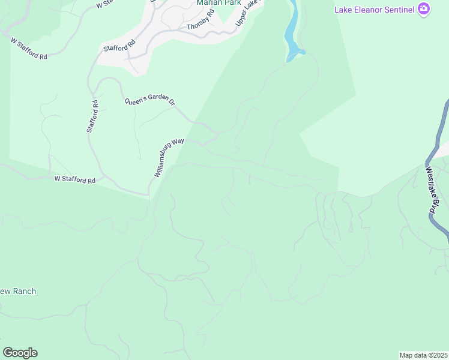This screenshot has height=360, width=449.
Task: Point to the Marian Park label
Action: (218, 2)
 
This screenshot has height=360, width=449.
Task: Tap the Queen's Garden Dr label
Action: (149, 102)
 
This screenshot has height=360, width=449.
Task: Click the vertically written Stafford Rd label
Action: (92, 116)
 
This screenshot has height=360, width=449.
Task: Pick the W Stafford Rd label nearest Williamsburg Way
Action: (75, 179)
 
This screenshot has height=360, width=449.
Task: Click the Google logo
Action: (20, 353)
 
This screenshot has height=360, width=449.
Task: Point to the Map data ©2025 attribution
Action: (424, 355)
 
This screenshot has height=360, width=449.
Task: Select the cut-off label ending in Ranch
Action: (18, 292)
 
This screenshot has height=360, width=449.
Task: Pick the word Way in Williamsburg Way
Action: (178, 143)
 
